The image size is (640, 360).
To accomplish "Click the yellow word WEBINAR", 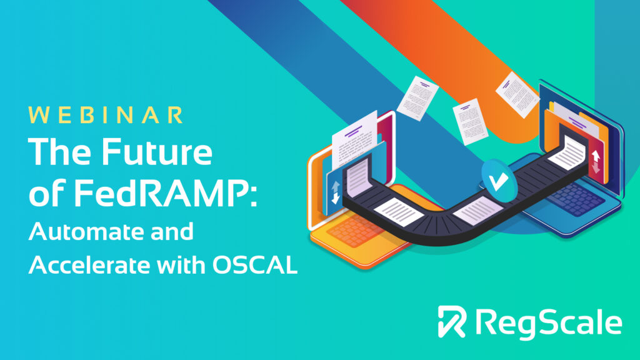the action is pos(106,115).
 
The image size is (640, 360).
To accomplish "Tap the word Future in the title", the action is pos(157,151).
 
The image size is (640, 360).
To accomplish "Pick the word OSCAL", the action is pos(255,265).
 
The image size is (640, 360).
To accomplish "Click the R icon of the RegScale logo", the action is pos(452,322).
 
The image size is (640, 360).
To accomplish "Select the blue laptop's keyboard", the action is pos(576,200).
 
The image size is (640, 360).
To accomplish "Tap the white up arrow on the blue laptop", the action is pos(596,156).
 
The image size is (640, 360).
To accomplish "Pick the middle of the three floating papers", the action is pos(470,121).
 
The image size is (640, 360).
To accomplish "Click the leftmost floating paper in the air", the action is pos(417,98).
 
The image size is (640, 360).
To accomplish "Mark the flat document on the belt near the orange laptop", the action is pos(399,212).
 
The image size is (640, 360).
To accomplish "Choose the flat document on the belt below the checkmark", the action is pos(477,211).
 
